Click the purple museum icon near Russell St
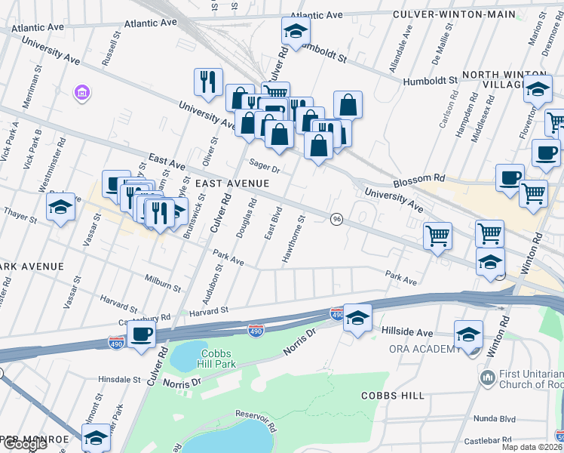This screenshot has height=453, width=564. click(x=81, y=93)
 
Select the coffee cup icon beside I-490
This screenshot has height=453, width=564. click(x=141, y=333)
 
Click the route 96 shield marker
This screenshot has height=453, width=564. click(x=337, y=218)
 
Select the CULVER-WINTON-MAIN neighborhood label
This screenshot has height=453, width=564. click(x=455, y=14)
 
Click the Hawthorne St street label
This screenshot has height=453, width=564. click(x=293, y=240)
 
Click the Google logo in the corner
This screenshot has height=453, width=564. click(x=24, y=444)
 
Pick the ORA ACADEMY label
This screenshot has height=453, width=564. click(x=425, y=349)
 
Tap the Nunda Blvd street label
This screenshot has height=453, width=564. click(x=495, y=418)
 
